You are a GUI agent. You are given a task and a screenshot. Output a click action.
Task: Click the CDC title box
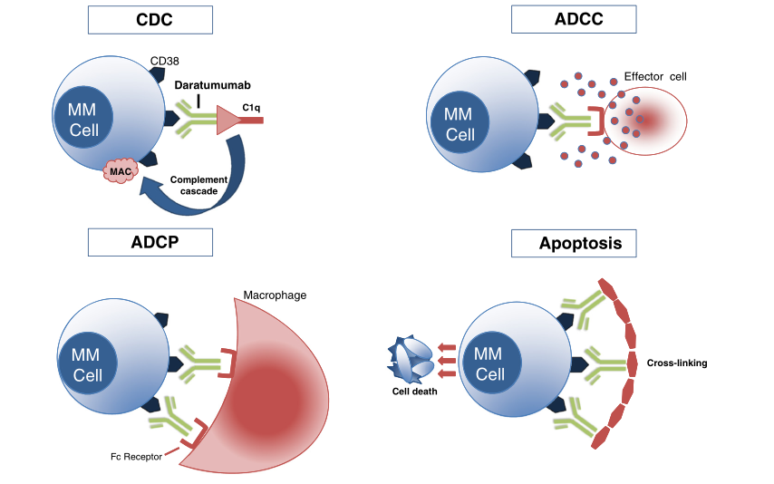[x=150, y=19]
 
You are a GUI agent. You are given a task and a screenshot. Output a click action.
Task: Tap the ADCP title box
[x=150, y=242]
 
